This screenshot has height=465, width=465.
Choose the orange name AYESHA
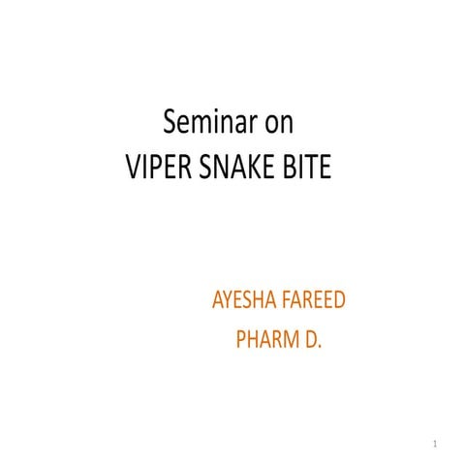(245, 299)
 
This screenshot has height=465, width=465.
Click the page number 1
(437, 445)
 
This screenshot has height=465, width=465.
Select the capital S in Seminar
(170, 123)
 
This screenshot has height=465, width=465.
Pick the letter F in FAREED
(288, 299)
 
